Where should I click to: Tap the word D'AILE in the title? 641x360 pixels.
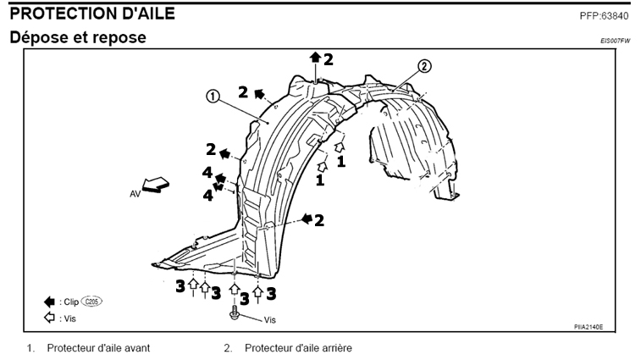(147, 14)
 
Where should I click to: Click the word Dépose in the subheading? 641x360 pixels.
(37, 40)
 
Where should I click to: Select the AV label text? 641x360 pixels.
(135, 194)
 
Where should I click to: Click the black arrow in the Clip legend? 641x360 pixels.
(50, 302)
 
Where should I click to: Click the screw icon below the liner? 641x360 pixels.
(233, 316)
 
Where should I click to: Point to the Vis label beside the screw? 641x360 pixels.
(270, 319)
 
